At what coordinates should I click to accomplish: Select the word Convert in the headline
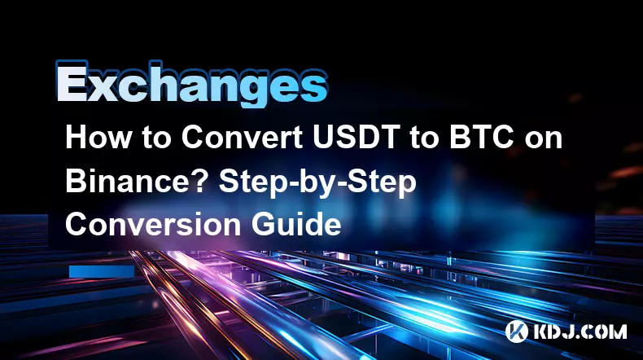pyautogui.click(x=243, y=137)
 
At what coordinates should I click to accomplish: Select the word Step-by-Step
pyautogui.click(x=317, y=184)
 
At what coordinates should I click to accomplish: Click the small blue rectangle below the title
pyautogui.click(x=102, y=272)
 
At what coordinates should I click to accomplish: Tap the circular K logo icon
pyautogui.click(x=517, y=331)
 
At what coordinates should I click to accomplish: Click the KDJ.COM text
pyautogui.click(x=580, y=331)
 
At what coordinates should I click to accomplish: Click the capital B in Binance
pyautogui.click(x=76, y=181)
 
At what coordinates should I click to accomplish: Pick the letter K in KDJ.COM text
pyautogui.click(x=541, y=331)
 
